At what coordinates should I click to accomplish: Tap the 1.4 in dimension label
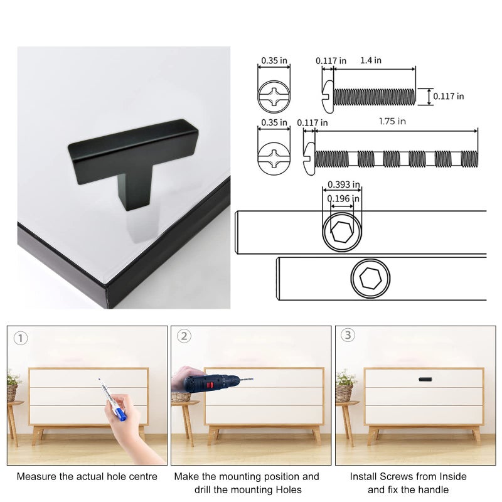371,60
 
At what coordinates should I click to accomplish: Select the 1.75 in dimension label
392,121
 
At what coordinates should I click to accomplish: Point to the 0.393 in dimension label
343,184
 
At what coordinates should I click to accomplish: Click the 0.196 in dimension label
343,199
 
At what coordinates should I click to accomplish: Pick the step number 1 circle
21,338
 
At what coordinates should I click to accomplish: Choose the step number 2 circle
184,336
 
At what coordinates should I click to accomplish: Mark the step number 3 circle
348,335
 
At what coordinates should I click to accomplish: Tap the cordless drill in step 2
213,383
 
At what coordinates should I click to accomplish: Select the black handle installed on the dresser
425,380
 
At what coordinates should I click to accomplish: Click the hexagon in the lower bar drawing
370,278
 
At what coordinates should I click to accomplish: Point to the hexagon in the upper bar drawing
342,232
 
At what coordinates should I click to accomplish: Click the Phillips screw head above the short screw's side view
274,97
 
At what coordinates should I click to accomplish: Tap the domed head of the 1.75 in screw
309,159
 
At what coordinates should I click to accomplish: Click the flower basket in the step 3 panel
345,386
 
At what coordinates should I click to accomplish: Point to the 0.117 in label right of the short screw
448,96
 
